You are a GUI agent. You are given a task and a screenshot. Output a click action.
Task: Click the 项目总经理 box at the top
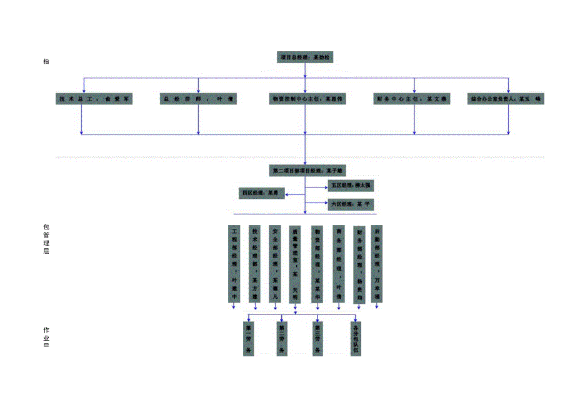point(306,57)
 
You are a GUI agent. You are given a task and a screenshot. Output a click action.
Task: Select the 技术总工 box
point(94,99)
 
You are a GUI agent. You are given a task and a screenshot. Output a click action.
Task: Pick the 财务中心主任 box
point(412,99)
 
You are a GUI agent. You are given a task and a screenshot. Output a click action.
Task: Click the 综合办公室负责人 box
point(506,99)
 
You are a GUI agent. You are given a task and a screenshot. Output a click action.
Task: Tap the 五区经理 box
point(352,185)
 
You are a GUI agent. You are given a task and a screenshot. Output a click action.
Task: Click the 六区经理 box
point(352,204)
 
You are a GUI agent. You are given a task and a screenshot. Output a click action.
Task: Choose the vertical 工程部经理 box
point(234,264)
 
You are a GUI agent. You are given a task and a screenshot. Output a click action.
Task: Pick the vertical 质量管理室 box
point(295,264)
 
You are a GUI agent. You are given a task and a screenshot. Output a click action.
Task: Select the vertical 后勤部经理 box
point(377,264)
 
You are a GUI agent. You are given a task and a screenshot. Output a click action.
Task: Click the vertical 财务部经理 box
point(359,264)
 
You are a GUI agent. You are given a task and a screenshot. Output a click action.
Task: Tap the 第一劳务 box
point(249,338)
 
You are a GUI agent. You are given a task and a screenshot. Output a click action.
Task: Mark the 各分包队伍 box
point(356,338)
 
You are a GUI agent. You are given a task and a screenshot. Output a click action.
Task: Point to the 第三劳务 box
point(318,338)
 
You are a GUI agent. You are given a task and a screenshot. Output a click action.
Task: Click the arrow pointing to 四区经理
point(289,196)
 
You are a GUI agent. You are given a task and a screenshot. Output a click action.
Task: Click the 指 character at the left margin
point(46,61)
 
